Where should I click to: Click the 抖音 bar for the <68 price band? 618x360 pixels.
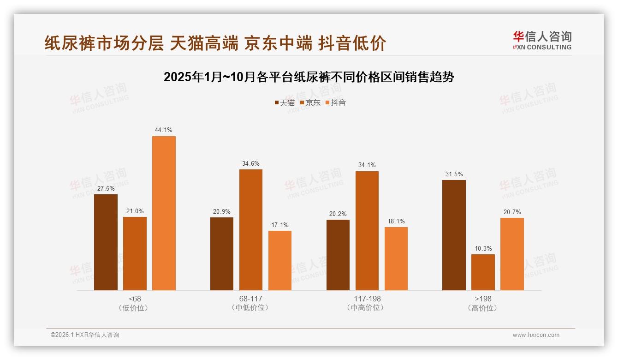164,213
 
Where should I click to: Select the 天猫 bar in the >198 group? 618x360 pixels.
454,235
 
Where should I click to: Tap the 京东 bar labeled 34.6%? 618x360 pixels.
250,230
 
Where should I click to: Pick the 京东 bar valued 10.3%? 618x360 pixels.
483,272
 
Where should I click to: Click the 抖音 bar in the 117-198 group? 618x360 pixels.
396,258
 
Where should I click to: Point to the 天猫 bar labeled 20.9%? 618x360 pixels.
222,254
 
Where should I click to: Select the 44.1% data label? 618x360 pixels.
164,130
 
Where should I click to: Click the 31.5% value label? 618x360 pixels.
454,174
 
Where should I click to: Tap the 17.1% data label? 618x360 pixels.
280,225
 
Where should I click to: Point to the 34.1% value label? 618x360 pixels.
367,165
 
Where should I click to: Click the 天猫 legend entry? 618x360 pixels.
285,102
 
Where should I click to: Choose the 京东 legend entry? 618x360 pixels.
310,102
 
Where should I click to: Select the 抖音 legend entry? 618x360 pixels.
336,102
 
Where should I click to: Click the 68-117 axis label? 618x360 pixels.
250,299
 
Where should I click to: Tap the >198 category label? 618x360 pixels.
483,299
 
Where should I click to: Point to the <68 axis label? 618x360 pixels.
135,299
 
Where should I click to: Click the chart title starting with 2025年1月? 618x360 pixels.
309,77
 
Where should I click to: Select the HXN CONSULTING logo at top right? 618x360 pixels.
542,40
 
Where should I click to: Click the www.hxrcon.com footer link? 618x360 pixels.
536,335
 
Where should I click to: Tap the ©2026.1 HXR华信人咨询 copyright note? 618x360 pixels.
85,335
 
